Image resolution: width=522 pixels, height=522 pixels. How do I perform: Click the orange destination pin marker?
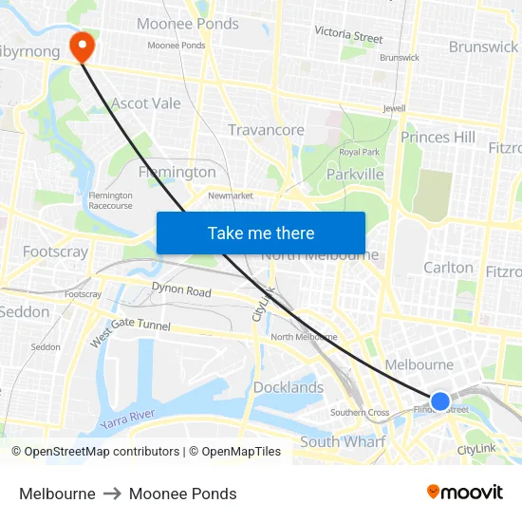click(83, 45)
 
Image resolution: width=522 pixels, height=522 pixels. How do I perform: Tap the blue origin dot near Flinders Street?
click(440, 401)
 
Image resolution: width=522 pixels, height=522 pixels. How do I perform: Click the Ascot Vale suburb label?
click(146, 103)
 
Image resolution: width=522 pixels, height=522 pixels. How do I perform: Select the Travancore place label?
click(266, 130)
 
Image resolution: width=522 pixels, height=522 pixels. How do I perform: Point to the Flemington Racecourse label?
click(110, 200)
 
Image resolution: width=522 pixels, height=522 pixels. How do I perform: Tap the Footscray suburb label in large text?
click(55, 252)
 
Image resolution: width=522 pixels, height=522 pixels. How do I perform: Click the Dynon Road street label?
click(181, 290)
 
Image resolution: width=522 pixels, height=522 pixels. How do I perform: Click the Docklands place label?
click(289, 387)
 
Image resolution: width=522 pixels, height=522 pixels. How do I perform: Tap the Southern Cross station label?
click(360, 413)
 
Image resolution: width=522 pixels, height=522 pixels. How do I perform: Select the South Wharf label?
click(343, 442)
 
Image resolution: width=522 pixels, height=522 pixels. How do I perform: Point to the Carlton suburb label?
click(448, 268)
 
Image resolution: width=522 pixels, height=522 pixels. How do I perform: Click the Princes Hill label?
click(438, 138)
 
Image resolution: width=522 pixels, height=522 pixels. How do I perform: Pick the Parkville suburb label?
click(355, 175)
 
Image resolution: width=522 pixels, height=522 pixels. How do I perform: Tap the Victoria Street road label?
click(348, 35)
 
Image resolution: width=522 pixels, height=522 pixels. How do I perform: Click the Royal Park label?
click(360, 152)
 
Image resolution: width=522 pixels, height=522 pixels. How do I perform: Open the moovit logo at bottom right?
click(465, 493)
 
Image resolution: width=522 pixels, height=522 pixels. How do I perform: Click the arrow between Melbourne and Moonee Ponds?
click(112, 494)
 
